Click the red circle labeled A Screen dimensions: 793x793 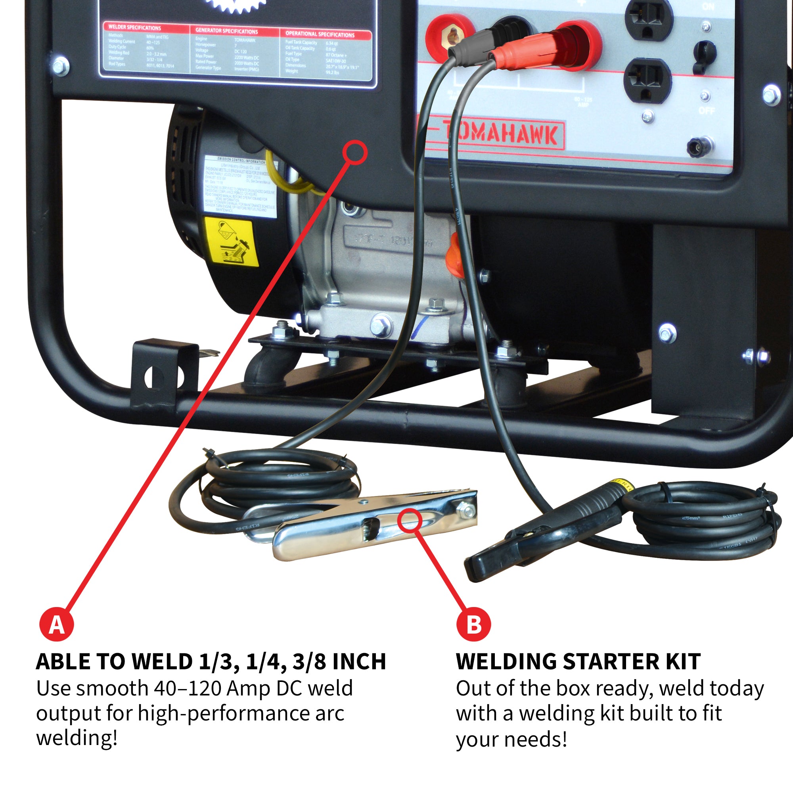[57, 624]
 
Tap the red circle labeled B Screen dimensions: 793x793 [474, 624]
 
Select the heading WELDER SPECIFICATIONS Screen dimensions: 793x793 [135, 27]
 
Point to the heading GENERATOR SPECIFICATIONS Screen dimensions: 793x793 [226, 31]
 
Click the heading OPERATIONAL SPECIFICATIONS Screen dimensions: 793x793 [320, 34]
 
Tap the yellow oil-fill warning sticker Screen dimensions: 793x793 [232, 242]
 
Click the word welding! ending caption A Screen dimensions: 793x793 [77, 737]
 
